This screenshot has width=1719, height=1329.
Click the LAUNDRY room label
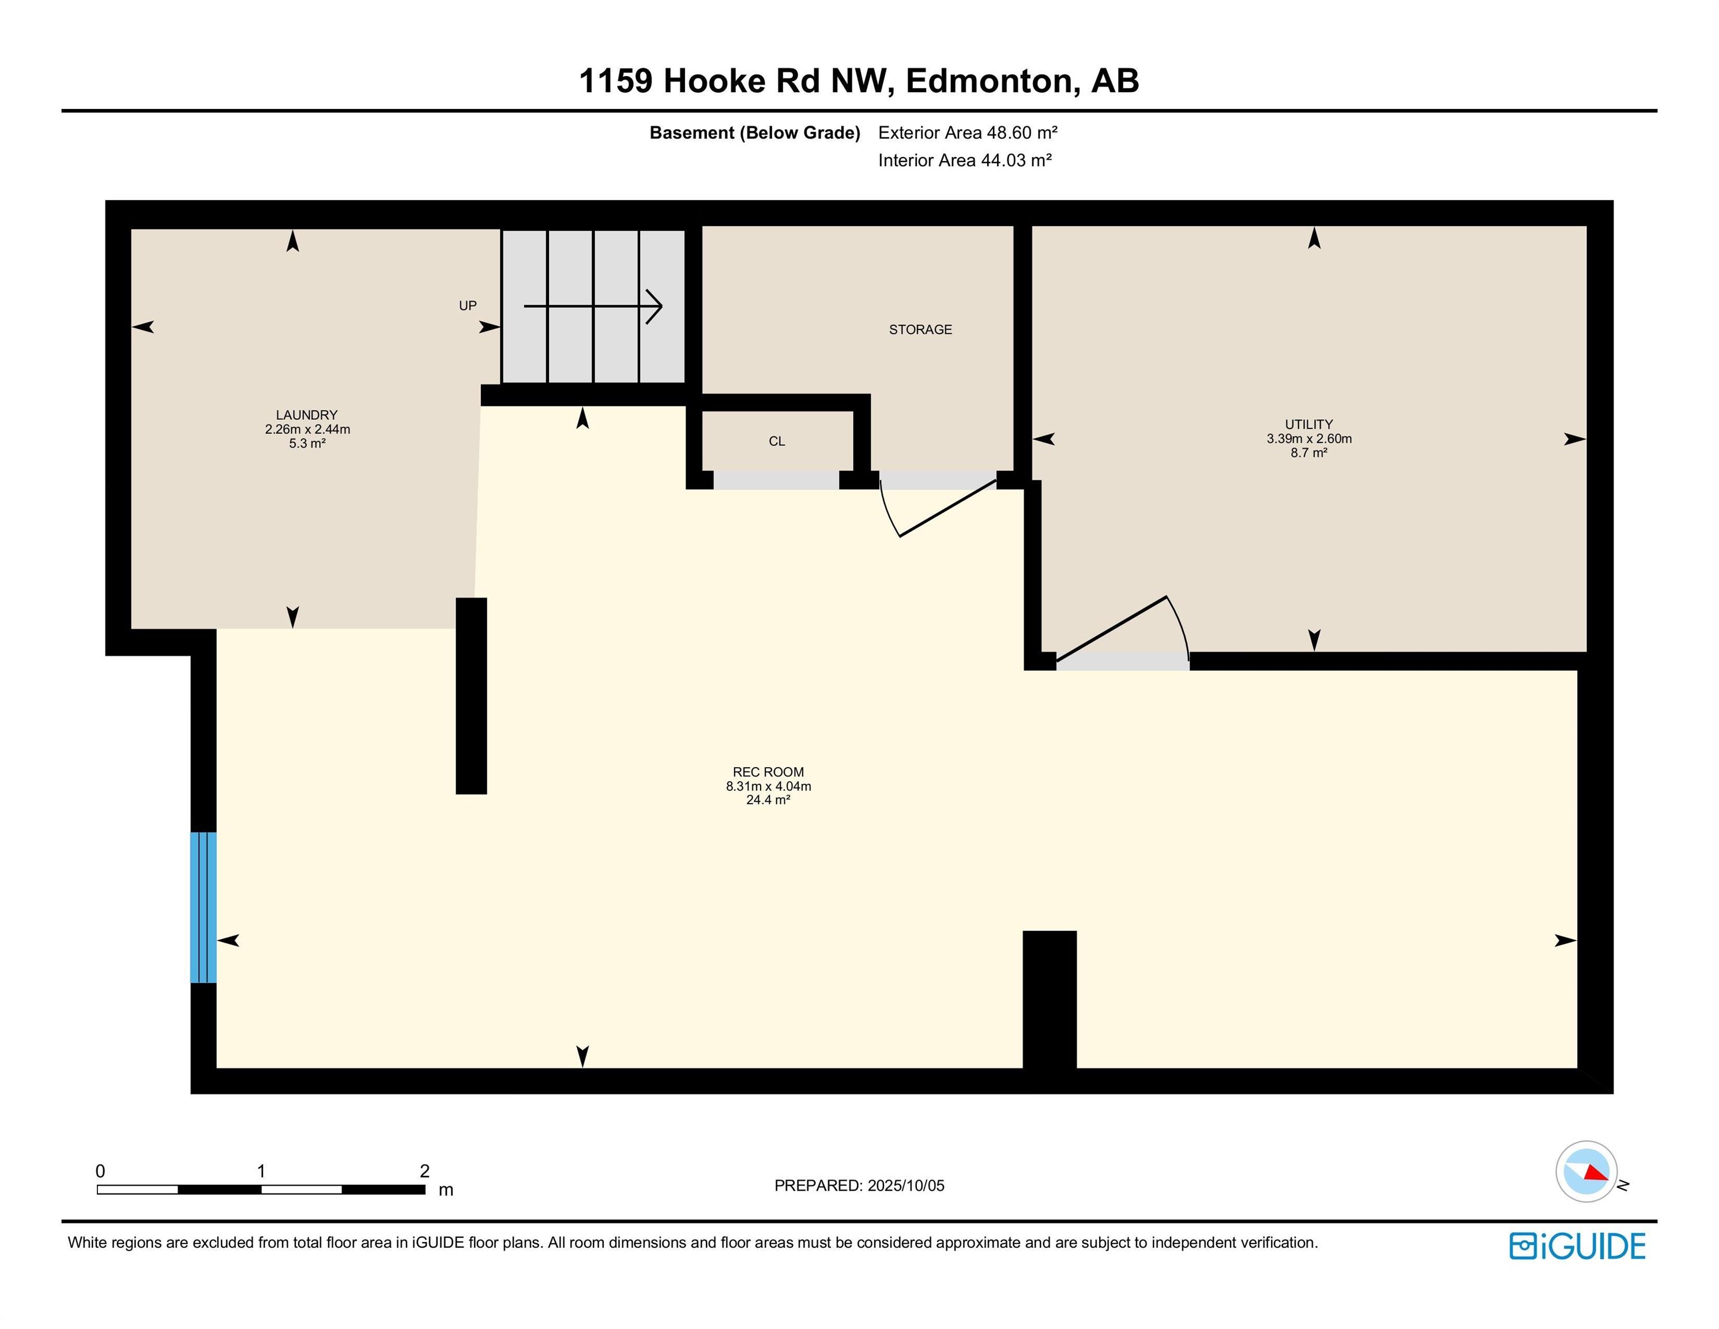[306, 415]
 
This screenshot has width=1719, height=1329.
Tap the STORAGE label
[920, 330]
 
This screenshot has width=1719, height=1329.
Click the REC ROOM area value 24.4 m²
[768, 800]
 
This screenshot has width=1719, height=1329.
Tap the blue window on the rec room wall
[203, 907]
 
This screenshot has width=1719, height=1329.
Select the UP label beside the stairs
[468, 306]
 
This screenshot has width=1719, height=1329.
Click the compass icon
[1586, 1171]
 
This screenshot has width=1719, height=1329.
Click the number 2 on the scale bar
[424, 1171]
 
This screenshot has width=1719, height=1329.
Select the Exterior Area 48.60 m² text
[967, 133]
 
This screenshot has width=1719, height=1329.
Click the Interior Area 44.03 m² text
[964, 160]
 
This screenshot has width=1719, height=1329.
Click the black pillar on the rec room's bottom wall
[1049, 1000]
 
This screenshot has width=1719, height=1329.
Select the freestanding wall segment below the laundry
[471, 696]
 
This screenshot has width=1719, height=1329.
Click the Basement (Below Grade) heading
[754, 133]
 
